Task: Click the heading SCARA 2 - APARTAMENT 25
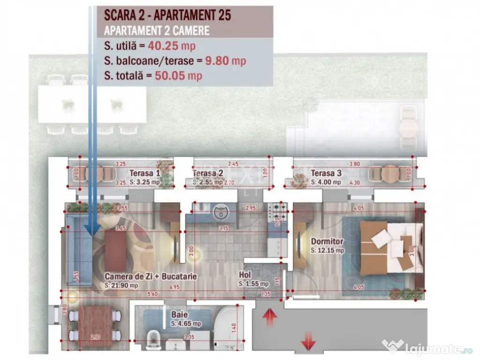point(167,15)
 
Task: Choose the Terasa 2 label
point(208,173)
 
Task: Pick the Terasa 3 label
point(326,173)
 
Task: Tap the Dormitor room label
point(327,242)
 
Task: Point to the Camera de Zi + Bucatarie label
point(150,277)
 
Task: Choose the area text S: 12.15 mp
point(328,250)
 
